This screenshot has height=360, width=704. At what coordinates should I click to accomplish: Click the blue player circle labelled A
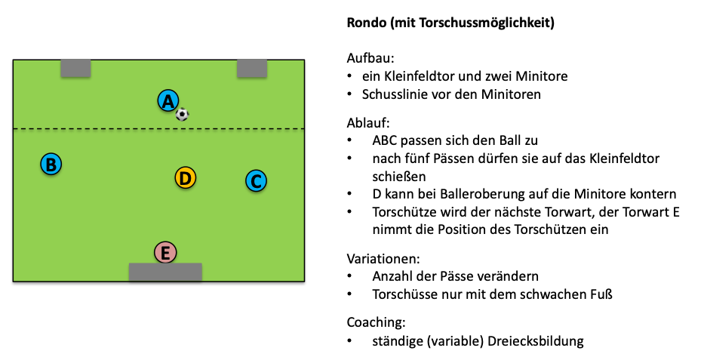click(168, 100)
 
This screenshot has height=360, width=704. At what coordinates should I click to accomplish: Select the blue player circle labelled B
click(51, 164)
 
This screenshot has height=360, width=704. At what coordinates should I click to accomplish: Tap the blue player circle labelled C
click(256, 181)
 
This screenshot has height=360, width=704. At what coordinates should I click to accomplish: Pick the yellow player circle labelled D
click(185, 178)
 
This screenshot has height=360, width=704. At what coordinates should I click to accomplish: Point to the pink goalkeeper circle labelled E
click(165, 253)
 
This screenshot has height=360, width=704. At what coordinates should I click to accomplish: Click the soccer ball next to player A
click(182, 115)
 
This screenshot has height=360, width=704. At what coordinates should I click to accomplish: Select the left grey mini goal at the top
click(75, 68)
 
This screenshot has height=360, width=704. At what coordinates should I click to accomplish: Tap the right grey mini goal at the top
click(252, 68)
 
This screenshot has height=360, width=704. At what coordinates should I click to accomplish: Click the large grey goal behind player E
click(165, 272)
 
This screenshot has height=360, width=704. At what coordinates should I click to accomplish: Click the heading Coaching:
click(375, 322)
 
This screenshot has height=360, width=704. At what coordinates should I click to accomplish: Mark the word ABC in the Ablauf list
click(386, 141)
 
